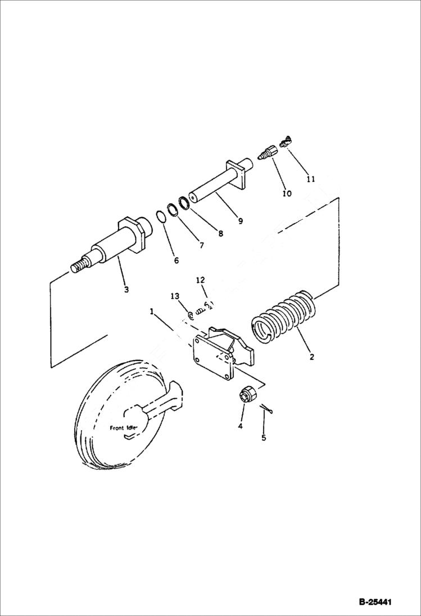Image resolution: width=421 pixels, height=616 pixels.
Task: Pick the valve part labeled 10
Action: pyautogui.click(x=269, y=152)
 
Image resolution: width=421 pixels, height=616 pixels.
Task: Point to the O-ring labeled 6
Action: pyautogui.click(x=161, y=218)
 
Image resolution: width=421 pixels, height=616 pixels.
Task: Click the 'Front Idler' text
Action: pyautogui.click(x=125, y=428)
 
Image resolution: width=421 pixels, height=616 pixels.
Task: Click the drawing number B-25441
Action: pyautogui.click(x=375, y=602)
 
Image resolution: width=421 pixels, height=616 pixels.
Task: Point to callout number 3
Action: pyautogui.click(x=126, y=290)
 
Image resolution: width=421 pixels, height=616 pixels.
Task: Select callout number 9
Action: pyautogui.click(x=241, y=221)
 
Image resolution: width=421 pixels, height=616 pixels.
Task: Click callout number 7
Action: pyautogui.click(x=201, y=245)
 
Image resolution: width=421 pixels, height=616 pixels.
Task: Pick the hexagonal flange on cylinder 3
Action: pyautogui.click(x=133, y=234)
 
